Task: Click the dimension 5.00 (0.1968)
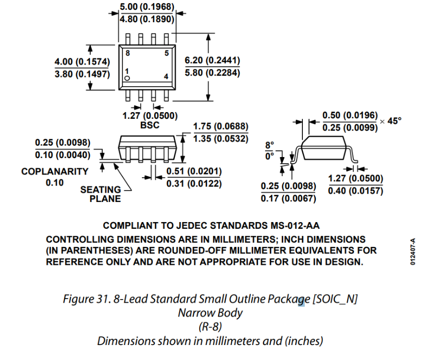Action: tap(147, 7)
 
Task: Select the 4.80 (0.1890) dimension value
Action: tap(147, 20)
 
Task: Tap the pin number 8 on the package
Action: tap(127, 53)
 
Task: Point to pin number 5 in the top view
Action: tap(167, 53)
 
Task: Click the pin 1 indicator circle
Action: tap(127, 78)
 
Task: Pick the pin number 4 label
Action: tap(166, 76)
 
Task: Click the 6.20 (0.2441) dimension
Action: tap(212, 61)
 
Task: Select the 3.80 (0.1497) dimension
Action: tap(82, 74)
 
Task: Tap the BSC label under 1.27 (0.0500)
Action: tap(150, 125)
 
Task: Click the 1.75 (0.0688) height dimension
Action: tap(220, 127)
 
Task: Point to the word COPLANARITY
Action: tap(55, 171)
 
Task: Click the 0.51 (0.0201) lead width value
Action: tap(193, 171)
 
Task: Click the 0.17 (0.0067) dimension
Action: tap(288, 198)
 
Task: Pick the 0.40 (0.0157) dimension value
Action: tap(355, 191)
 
